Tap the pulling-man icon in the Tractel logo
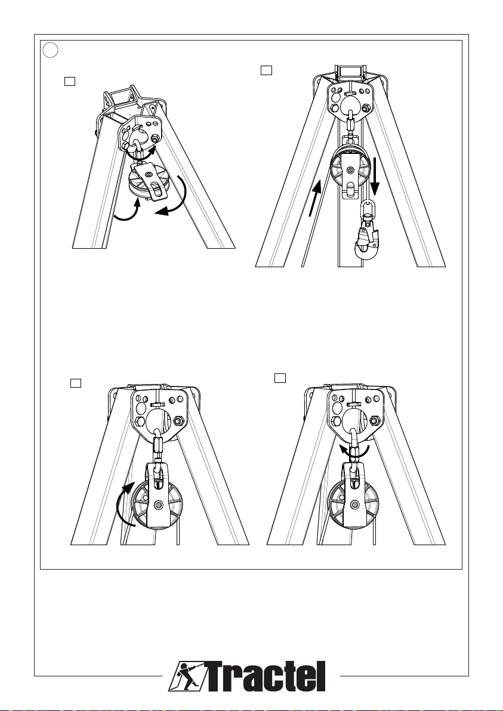pos(185,676)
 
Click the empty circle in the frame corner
pos(51,50)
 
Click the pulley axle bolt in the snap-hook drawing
pos(349,169)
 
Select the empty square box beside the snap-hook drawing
pos(267,70)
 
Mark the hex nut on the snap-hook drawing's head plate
pos(366,108)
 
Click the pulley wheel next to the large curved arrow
pos(159,504)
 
